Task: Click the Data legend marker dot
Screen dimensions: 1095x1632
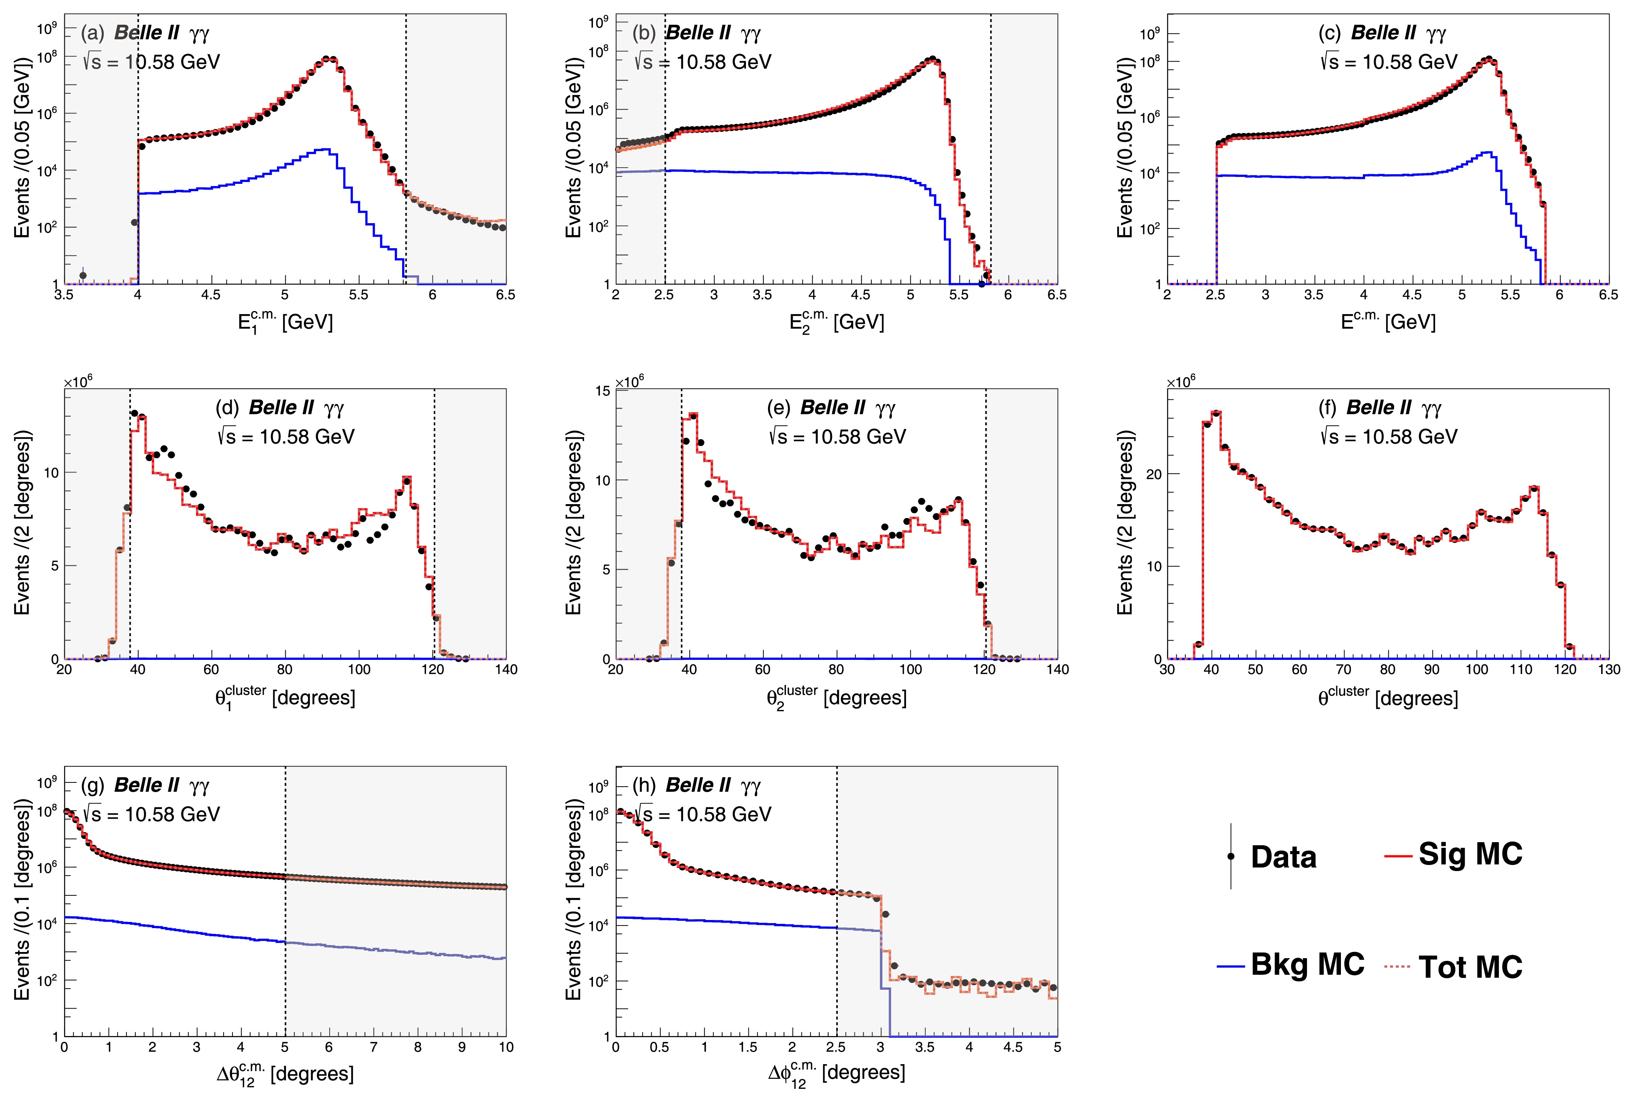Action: [x=1231, y=856]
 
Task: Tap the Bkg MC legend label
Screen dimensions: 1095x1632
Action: [x=1307, y=964]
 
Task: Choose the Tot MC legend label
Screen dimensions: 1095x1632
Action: [x=1470, y=967]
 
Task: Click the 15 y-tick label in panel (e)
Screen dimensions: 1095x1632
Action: [x=602, y=390]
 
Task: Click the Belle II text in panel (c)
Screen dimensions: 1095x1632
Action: [x=1383, y=33]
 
